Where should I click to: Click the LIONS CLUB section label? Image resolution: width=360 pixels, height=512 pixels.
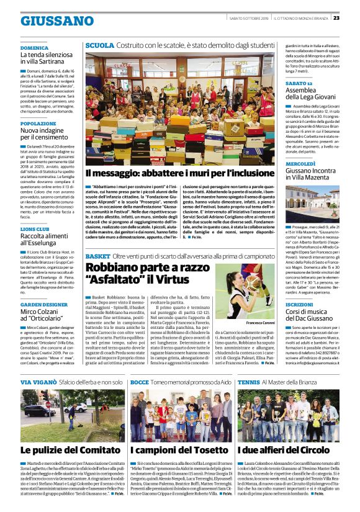click(x=35, y=229)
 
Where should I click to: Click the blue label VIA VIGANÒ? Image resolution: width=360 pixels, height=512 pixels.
click(x=38, y=383)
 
